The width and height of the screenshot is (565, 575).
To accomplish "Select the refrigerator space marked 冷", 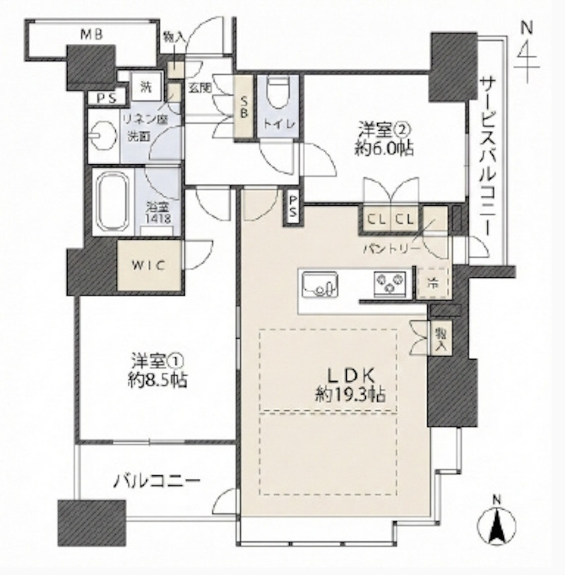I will click(x=431, y=281).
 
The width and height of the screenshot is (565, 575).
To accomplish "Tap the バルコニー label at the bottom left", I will click(x=157, y=482).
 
